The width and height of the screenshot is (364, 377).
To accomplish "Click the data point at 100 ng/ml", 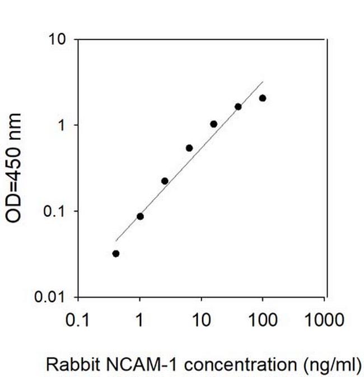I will click(x=262, y=98).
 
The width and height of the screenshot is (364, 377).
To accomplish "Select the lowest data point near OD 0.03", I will click(x=116, y=253).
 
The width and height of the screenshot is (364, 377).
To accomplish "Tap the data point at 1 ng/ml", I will click(x=140, y=216).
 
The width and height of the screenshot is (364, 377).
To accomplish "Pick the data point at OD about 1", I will click(x=213, y=124).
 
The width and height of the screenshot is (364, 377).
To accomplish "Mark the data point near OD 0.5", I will click(x=189, y=148).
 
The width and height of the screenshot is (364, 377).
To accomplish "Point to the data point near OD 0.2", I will click(x=165, y=181).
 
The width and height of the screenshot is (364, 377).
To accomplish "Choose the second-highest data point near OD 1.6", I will click(x=238, y=107).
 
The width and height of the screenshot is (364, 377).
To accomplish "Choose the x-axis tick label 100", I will click(x=262, y=321).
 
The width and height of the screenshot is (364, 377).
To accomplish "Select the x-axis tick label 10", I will click(x=201, y=321).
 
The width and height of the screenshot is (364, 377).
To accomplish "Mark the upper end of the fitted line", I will click(x=262, y=82).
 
